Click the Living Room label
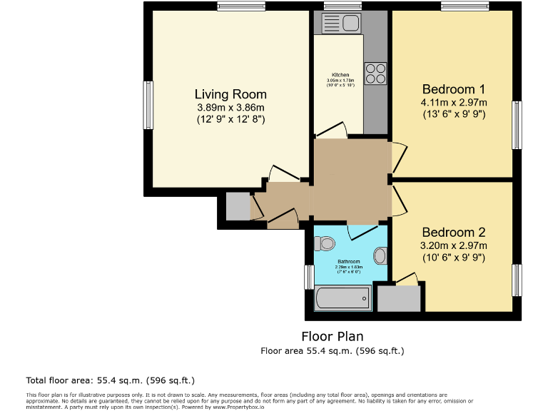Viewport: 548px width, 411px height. (x=230, y=94)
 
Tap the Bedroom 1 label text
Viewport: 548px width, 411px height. (x=453, y=89)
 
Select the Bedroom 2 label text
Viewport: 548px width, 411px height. (x=453, y=232)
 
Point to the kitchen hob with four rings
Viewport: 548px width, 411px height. (x=376, y=73)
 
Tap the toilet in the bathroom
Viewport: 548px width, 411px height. (x=324, y=244)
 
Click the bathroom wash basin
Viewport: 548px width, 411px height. (x=381, y=255)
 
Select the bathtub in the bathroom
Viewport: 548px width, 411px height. (x=343, y=298)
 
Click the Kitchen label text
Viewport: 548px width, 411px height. (x=340, y=75)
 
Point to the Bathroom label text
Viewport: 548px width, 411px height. (x=349, y=261)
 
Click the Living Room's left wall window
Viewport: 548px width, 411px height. (x=148, y=105)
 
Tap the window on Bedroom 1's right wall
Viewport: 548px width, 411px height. (x=517, y=125)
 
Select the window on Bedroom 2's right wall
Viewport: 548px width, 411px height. (x=517, y=280)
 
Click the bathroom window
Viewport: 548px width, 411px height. (x=309, y=278)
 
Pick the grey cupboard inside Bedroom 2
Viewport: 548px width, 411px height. (x=399, y=298)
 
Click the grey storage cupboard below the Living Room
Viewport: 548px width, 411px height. (x=238, y=207)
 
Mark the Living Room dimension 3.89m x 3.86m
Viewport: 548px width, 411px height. (x=230, y=108)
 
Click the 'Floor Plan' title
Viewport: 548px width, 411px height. (x=333, y=335)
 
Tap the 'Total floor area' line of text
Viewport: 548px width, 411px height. (x=110, y=380)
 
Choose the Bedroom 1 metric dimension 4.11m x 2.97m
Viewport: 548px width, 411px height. (x=453, y=103)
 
